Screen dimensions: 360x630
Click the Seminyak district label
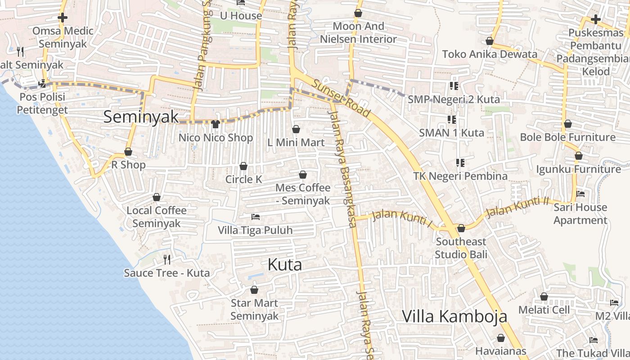click(x=141, y=117)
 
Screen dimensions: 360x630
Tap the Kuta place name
click(x=284, y=265)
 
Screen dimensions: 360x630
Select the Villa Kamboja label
click(x=454, y=316)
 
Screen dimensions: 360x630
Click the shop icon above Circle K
click(x=243, y=166)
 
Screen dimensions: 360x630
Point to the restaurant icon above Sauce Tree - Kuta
click(x=167, y=259)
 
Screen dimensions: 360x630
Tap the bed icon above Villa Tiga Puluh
click(x=255, y=217)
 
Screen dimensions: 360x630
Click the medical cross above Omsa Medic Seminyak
click(x=63, y=18)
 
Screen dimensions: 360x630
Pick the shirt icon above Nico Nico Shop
click(x=215, y=124)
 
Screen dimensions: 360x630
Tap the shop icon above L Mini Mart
click(x=296, y=130)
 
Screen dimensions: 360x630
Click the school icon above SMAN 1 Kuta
click(x=452, y=119)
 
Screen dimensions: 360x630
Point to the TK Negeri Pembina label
click(x=460, y=176)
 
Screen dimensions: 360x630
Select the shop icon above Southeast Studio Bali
click(x=461, y=229)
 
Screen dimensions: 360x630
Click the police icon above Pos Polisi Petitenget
click(x=42, y=84)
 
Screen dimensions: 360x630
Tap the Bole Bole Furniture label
click(x=567, y=137)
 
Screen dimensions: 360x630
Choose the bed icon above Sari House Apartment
click(x=580, y=194)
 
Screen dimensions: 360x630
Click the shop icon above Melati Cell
click(x=544, y=297)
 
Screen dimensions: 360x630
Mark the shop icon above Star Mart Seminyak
click(x=254, y=290)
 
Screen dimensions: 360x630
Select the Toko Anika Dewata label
click(x=490, y=54)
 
